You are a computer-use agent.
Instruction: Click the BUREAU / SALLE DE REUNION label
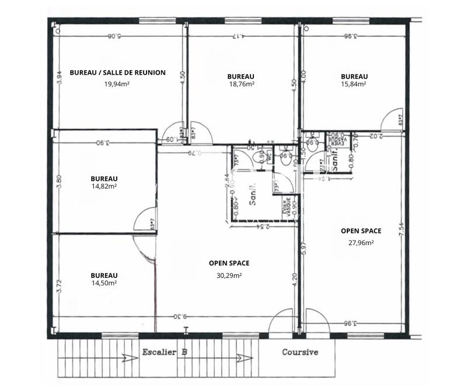pos(117,73)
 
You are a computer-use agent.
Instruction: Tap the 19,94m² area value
pos(117,84)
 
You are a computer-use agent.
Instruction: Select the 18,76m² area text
pos(241,84)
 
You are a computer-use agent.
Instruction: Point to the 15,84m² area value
pos(354,84)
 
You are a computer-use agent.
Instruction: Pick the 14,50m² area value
pos(104,283)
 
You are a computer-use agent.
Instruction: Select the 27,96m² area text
pos(361,243)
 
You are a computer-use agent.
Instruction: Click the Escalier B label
pos(165,352)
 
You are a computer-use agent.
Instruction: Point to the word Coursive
pos(300,352)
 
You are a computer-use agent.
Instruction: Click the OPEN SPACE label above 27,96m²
pos(361,231)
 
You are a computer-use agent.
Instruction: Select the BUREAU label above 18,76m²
pos(241,76)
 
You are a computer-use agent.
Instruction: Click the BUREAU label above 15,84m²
pos(354,76)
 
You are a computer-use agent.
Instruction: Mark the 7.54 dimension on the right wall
pos(401,230)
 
